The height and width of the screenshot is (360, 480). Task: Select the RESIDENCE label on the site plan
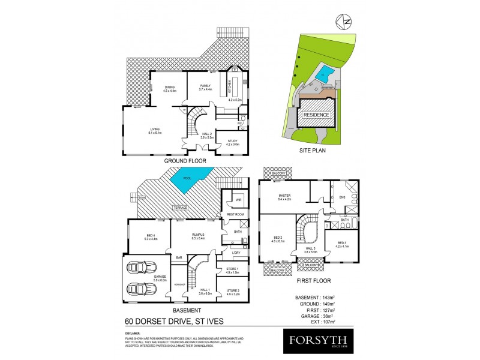click(x=316, y=115)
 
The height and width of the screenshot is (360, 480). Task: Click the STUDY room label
click(x=233, y=143)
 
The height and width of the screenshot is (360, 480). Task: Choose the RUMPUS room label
click(x=198, y=236)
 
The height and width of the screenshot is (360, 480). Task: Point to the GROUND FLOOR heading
click(x=185, y=161)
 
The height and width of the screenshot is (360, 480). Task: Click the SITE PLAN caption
click(x=313, y=151)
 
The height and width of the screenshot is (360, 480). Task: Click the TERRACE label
click(x=181, y=207)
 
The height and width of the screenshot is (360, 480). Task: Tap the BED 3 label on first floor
click(x=342, y=245)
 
